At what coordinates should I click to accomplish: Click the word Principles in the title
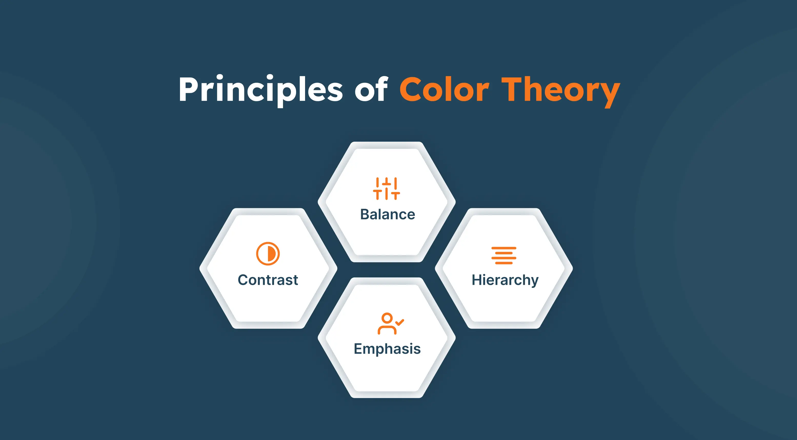tap(261, 90)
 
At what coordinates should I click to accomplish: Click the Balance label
tap(387, 214)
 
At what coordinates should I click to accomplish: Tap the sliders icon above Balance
tap(386, 188)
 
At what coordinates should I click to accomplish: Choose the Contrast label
tap(268, 280)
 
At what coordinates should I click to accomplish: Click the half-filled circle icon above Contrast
tap(268, 254)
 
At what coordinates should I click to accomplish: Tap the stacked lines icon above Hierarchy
tap(504, 255)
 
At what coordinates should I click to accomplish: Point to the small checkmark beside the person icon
tap(400, 322)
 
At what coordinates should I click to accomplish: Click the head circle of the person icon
tap(387, 318)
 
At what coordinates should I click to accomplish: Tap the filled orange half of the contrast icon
tap(272, 254)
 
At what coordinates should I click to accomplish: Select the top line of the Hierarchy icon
tap(504, 248)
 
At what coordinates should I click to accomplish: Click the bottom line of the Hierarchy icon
tap(504, 263)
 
